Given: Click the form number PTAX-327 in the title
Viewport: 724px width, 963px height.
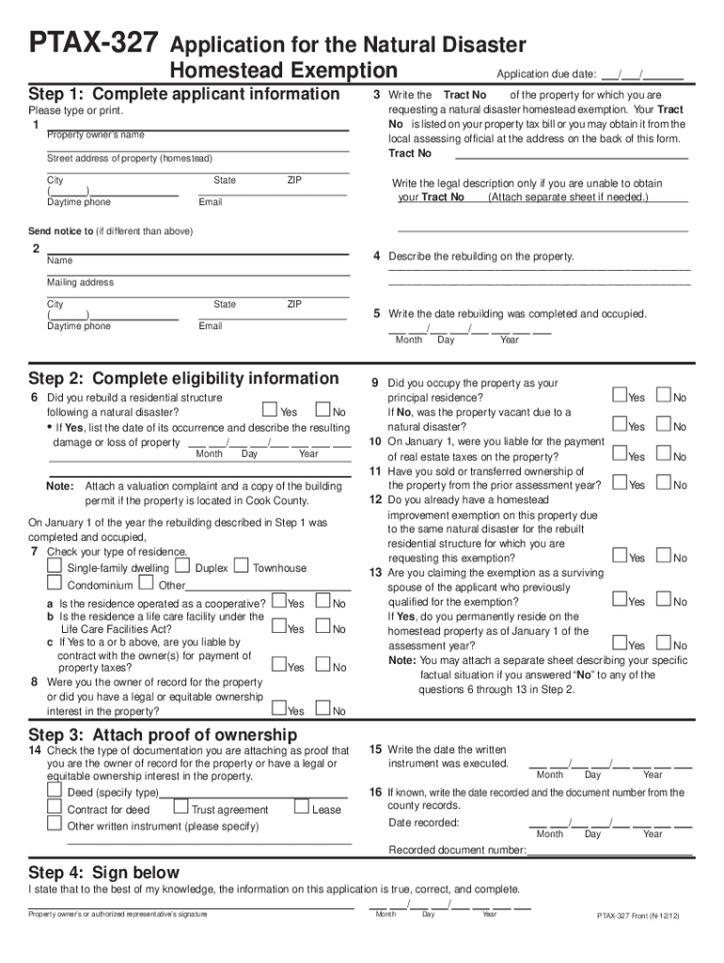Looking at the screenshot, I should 93,44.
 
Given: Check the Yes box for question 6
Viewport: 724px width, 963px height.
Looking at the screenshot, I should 270,410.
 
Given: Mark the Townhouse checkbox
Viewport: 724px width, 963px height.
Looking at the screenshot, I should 241,567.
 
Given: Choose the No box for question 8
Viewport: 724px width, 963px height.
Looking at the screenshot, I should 323,709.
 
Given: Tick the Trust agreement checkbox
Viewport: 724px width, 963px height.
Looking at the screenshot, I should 181,808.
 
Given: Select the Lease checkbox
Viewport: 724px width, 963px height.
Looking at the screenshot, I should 301,807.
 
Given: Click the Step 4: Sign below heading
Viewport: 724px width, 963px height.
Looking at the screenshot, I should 103,873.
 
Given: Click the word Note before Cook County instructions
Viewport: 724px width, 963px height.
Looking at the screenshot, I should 60,486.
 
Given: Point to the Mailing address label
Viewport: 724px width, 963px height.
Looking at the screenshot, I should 80,282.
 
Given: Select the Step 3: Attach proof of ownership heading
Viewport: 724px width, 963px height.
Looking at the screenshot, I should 163,734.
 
